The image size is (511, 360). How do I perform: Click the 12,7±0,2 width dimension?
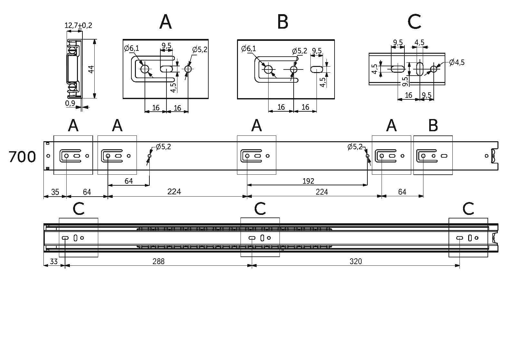point(78,25)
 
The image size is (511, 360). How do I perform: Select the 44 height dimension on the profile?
point(91,69)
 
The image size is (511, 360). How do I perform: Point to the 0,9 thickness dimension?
point(70,103)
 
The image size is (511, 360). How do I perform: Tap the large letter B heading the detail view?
point(283,22)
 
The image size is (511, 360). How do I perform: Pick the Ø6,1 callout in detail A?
point(132,49)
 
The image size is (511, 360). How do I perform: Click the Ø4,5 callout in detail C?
point(456,62)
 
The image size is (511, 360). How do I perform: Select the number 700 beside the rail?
point(22,157)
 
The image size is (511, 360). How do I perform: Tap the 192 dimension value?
point(308,181)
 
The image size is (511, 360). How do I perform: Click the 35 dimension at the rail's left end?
point(55,192)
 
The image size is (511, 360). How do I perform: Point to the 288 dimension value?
point(158,261)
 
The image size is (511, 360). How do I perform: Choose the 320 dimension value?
point(355,261)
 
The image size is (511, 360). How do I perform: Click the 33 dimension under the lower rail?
point(54,261)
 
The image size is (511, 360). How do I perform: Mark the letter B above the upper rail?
point(433,126)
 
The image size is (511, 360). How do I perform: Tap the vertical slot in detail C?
point(420,69)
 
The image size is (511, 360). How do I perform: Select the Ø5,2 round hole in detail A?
point(188,69)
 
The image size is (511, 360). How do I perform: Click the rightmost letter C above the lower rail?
point(468,209)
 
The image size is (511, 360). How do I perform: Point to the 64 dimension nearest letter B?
point(402,192)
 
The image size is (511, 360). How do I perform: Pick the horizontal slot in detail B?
point(317,69)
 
